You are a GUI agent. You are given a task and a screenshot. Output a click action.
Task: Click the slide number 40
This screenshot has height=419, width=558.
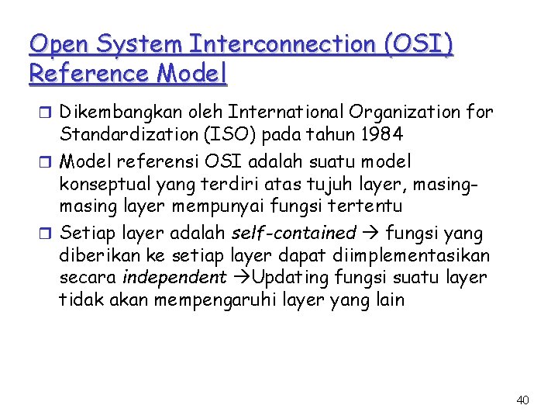(522, 400)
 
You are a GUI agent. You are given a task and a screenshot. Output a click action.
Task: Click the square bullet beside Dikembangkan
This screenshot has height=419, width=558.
(48, 113)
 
